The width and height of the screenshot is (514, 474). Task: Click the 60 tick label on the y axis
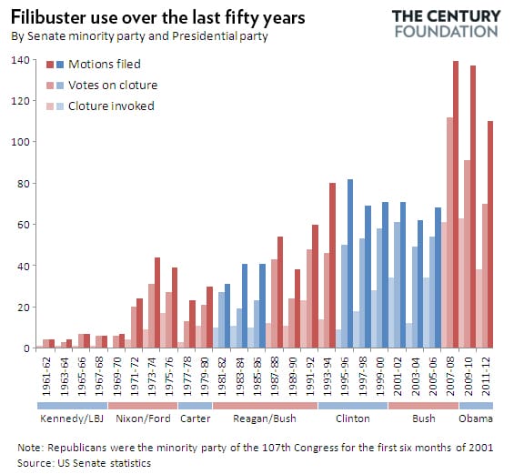(24, 225)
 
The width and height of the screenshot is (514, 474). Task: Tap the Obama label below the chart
(477, 419)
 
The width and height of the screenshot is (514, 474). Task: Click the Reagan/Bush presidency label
(265, 419)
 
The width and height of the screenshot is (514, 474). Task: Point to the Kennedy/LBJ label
(71, 419)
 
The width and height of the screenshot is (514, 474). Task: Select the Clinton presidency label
(353, 419)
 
